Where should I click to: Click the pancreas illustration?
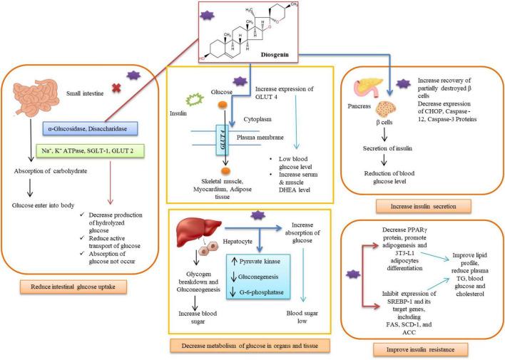364,93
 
